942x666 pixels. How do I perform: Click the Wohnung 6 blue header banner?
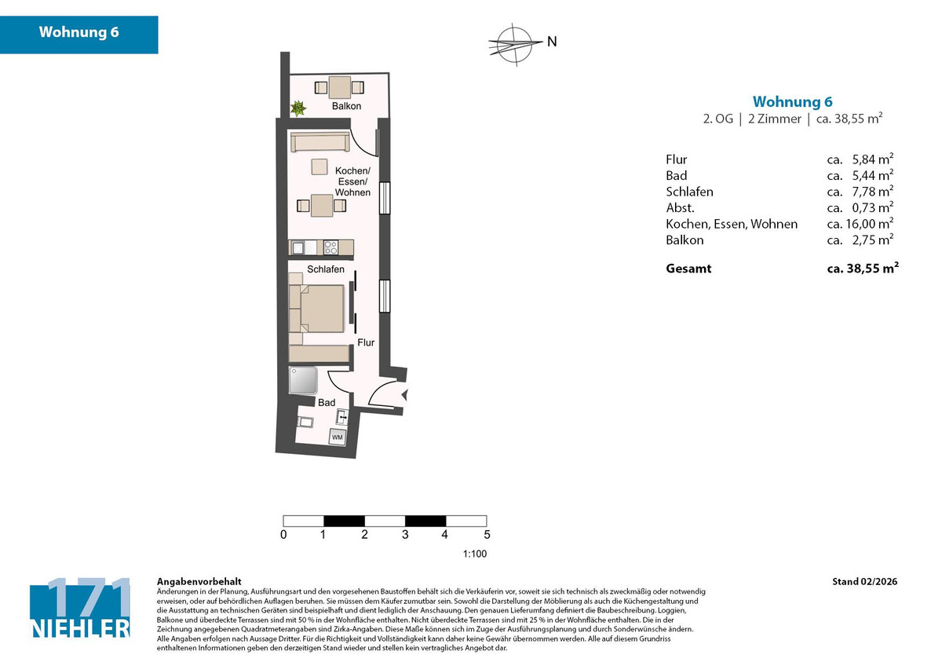pos(78,34)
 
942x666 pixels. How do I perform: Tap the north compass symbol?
pos(515,42)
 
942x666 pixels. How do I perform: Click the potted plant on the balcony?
pos(298,108)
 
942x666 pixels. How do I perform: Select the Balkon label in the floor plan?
pos(346,106)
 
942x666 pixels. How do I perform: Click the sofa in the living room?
pos(321,142)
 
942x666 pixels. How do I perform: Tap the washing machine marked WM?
pos(337,437)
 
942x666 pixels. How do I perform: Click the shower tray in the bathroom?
pos(305,381)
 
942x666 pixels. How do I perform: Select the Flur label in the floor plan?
pos(366,343)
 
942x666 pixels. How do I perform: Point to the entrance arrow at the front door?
pos(404,396)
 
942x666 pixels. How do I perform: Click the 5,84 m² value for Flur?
pos(871,159)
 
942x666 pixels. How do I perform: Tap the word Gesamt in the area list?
pos(688,268)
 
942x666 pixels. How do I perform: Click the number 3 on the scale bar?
pos(405,536)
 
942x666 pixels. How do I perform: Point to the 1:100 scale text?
pos(475,554)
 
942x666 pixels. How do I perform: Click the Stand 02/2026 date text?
pos(864,582)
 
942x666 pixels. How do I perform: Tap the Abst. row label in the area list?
pos(680,208)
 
